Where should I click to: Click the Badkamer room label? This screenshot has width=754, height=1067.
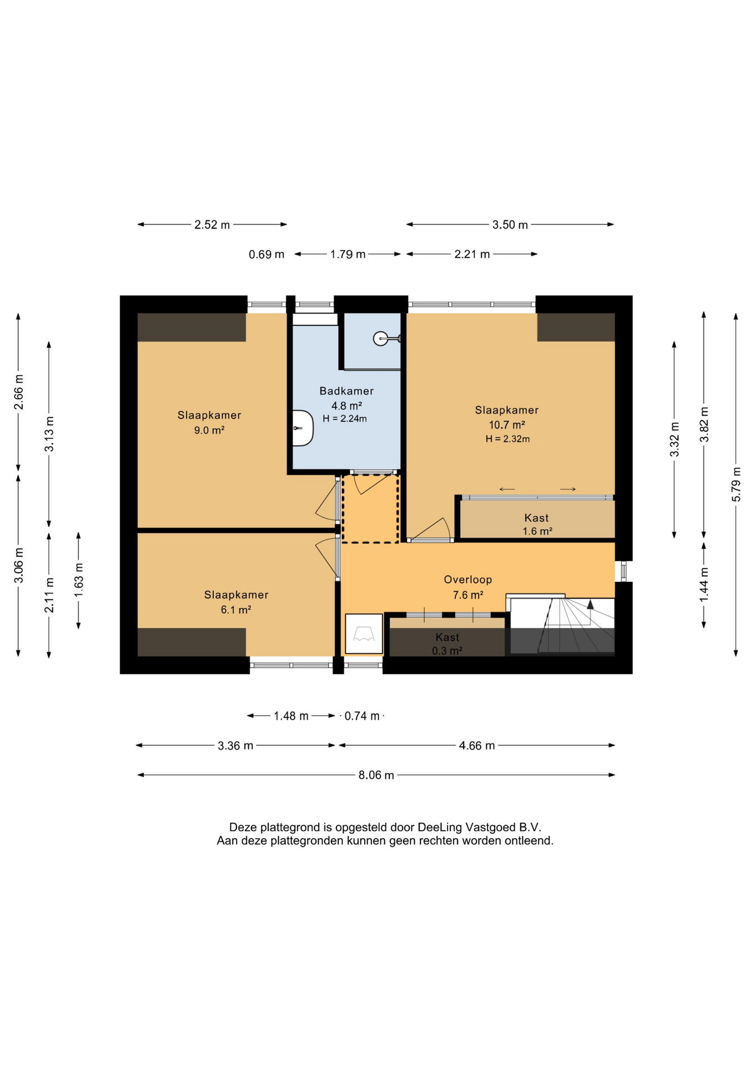click(x=346, y=391)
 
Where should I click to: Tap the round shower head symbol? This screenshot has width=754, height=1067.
click(x=380, y=338)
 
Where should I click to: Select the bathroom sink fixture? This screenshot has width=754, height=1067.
click(x=303, y=428)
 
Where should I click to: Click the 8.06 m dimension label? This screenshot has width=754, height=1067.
click(x=376, y=775)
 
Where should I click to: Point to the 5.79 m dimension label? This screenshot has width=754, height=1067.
click(x=736, y=484)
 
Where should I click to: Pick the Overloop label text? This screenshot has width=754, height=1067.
click(x=468, y=580)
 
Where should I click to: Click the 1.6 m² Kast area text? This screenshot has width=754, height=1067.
click(x=537, y=531)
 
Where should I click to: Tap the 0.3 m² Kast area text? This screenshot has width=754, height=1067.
click(x=447, y=651)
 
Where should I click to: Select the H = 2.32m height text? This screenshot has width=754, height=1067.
click(x=507, y=439)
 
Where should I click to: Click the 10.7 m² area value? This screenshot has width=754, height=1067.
click(x=506, y=425)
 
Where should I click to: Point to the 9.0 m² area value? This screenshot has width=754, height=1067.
click(x=209, y=430)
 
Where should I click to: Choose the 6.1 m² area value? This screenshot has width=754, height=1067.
click(x=236, y=610)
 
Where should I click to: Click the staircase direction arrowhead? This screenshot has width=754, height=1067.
click(x=590, y=605)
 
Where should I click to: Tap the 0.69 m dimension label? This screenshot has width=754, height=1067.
click(x=267, y=255)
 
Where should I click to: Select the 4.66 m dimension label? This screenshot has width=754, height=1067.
click(x=476, y=746)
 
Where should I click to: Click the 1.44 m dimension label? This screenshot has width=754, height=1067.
click(x=704, y=584)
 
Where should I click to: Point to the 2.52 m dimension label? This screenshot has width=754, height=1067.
click(x=212, y=225)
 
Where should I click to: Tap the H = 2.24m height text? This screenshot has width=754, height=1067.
click(x=345, y=419)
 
